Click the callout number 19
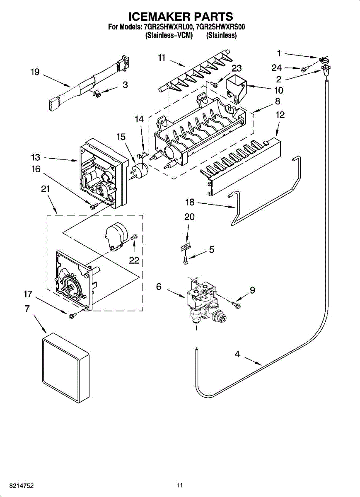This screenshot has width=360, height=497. [x=35, y=72]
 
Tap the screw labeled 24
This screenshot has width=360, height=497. [x=303, y=70]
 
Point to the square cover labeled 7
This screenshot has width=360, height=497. [x=66, y=368]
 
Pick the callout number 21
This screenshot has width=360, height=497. [x=45, y=189]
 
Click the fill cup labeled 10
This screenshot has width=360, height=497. [x=236, y=88]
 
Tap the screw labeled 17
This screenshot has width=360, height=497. [x=73, y=316]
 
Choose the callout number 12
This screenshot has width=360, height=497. [x=280, y=115]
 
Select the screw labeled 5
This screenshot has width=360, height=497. [x=186, y=260]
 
